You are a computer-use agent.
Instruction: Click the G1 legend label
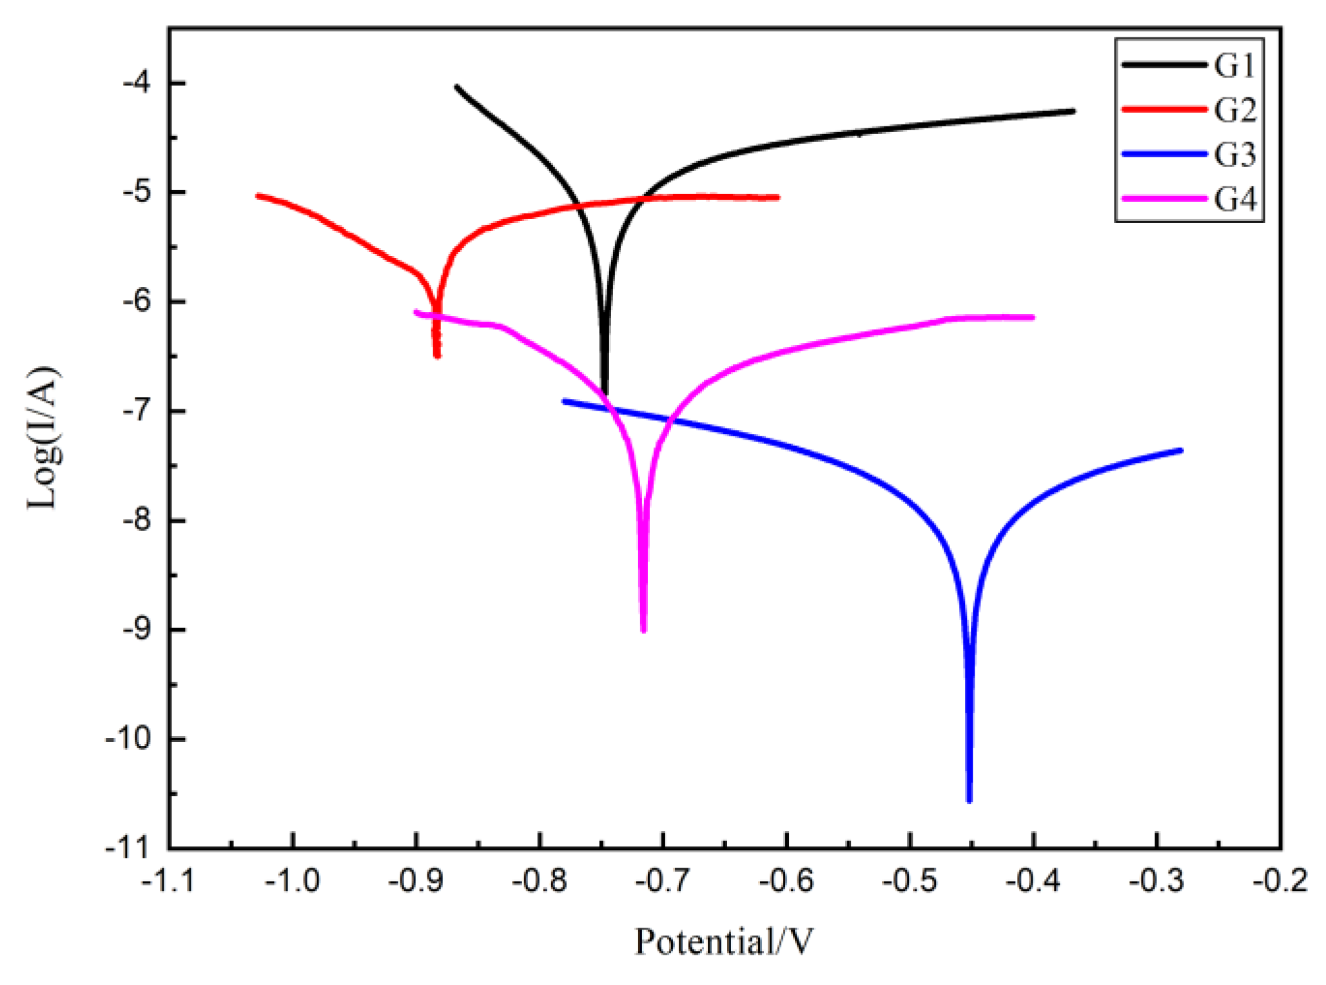1234,65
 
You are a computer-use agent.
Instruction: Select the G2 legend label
1234,110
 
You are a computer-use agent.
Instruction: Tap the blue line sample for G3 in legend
1163,154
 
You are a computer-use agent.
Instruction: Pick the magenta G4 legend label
1234,199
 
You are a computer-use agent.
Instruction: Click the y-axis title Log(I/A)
44,438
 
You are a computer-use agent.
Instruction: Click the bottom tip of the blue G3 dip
969,801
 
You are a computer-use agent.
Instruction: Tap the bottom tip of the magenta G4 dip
643,630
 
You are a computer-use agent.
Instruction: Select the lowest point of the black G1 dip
605,393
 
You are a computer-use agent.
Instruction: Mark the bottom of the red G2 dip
437,356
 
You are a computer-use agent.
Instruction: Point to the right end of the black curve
1073,111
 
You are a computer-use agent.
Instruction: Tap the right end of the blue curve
1181,450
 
